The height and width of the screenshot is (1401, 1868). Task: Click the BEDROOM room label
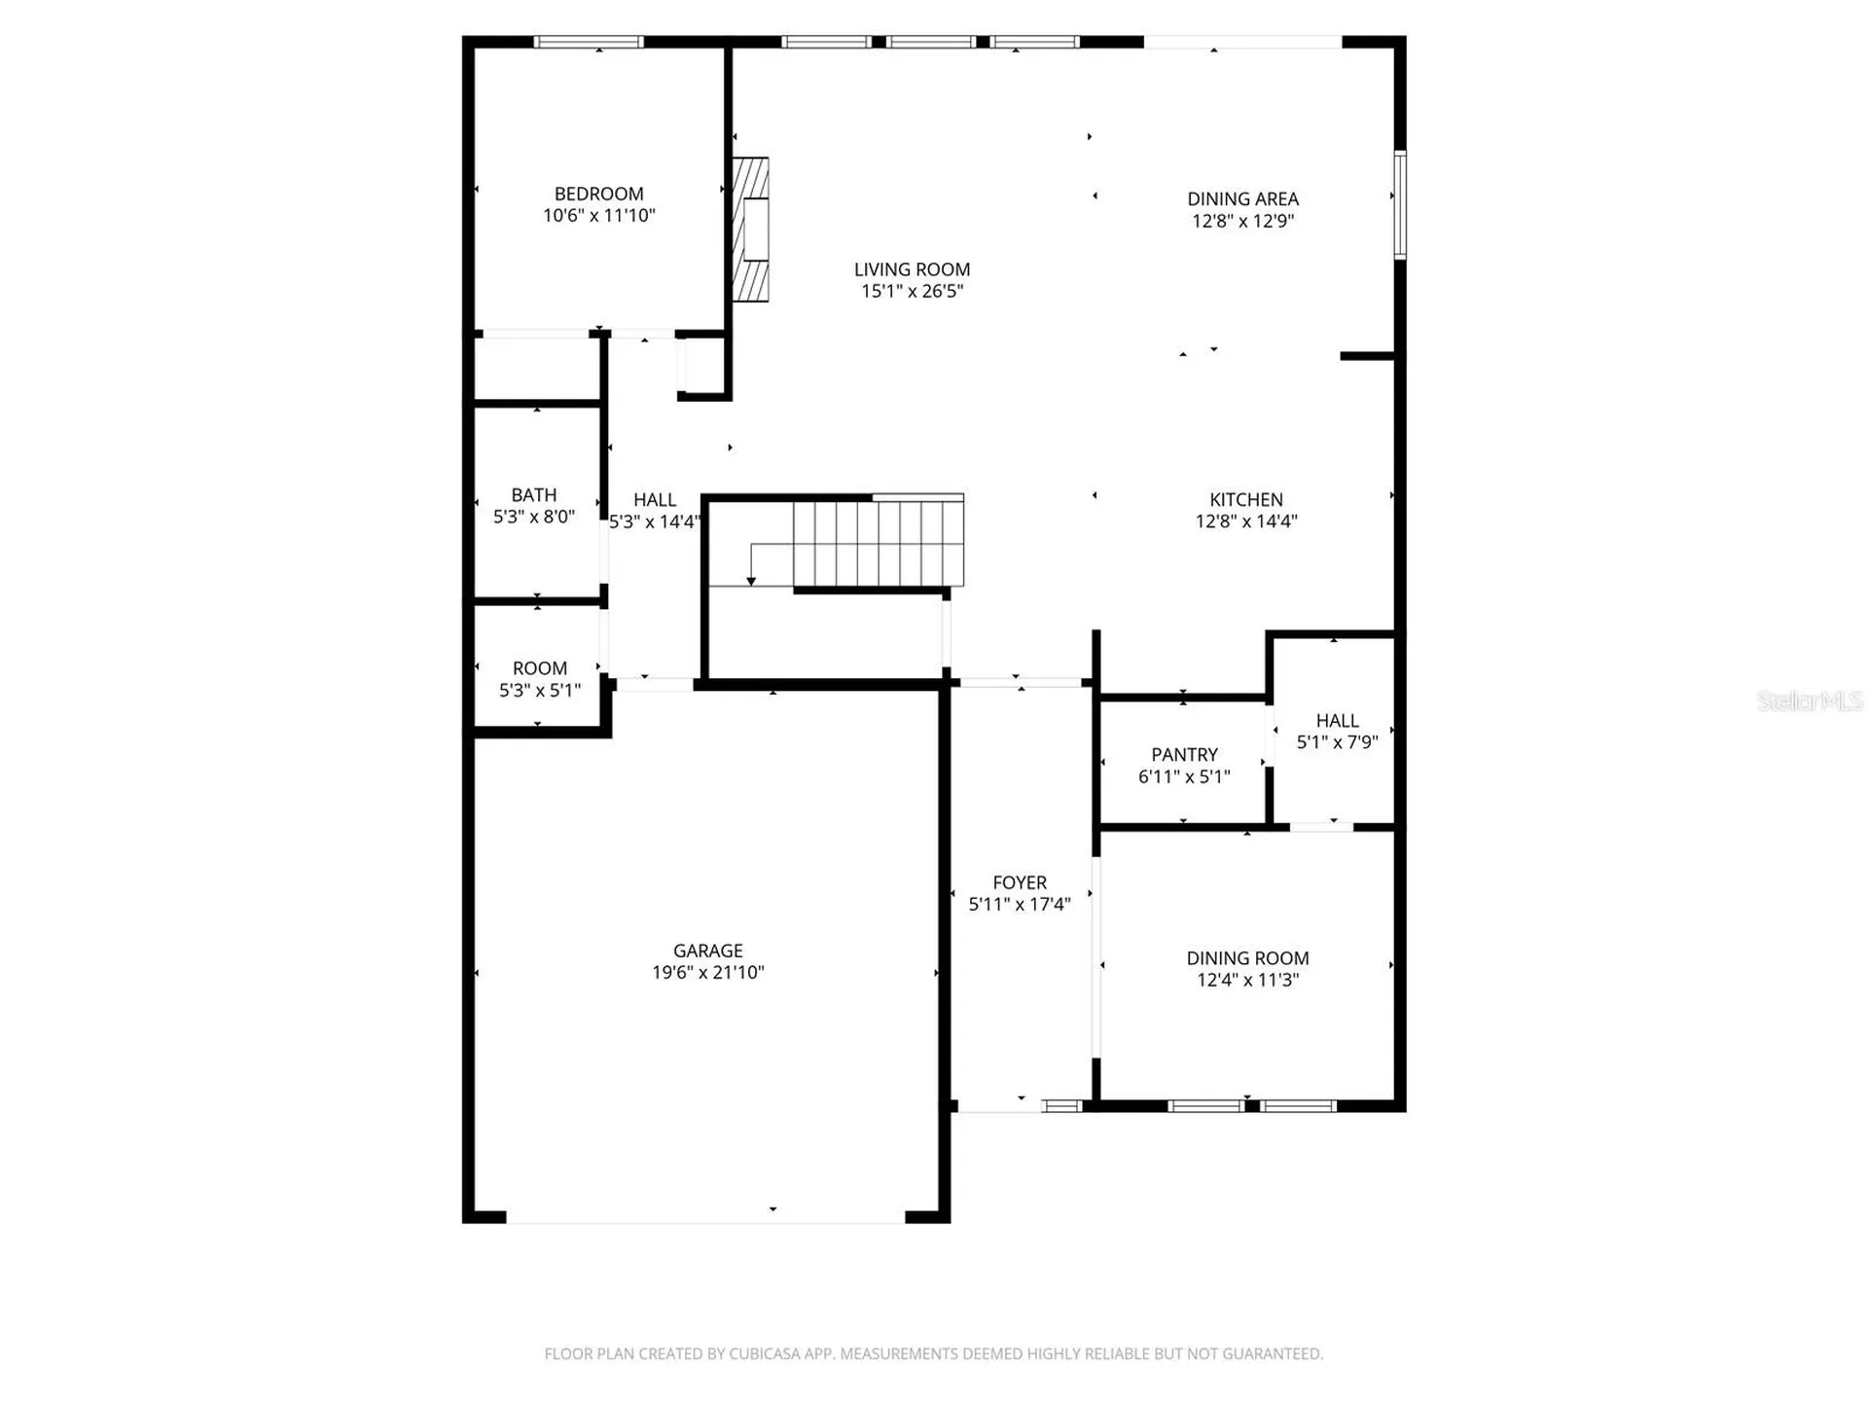pos(598,194)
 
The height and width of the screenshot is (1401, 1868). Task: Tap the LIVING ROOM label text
pos(912,269)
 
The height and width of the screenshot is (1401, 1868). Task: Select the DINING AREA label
pos(1242,199)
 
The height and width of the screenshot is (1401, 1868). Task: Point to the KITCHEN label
pos(1246,499)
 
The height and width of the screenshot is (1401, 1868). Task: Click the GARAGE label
pos(707,951)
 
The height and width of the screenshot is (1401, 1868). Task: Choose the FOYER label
pos(1020,882)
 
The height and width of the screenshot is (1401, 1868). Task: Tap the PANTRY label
pos(1184,755)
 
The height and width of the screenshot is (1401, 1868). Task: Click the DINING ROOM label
pos(1247,958)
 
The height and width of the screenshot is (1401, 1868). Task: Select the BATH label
pos(534,495)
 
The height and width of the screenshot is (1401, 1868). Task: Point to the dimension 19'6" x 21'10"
pos(708,972)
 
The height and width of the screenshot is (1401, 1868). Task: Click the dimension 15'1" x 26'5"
pos(912,291)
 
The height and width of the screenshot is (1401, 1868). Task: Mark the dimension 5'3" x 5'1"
pos(540,690)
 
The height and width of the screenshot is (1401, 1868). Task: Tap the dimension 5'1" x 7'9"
pos(1337,742)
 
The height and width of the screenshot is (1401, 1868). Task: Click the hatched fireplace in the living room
pos(750,230)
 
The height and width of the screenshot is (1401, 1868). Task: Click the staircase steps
pos(879,543)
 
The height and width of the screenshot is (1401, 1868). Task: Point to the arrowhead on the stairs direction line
pos(751,581)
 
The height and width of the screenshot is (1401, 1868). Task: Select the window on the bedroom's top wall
pos(589,42)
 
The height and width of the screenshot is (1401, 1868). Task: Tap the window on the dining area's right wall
pos(1400,204)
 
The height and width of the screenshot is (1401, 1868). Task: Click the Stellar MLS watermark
pos(1810,700)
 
